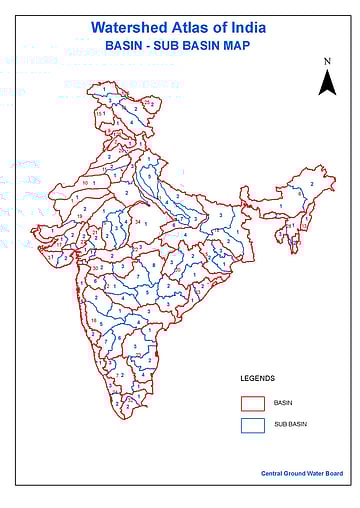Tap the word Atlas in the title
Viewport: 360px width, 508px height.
[x=193, y=30]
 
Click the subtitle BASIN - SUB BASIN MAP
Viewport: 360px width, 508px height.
[x=178, y=47]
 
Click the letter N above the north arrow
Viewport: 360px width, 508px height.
[x=327, y=62]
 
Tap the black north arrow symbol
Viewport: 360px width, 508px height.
[x=327, y=83]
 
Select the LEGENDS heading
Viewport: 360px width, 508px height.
[x=257, y=379]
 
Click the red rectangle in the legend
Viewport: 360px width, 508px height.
[x=252, y=402]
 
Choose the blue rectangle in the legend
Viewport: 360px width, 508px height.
[x=252, y=426]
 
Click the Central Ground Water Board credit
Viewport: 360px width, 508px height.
[x=299, y=472]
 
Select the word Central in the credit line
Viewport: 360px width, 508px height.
[x=272, y=472]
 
